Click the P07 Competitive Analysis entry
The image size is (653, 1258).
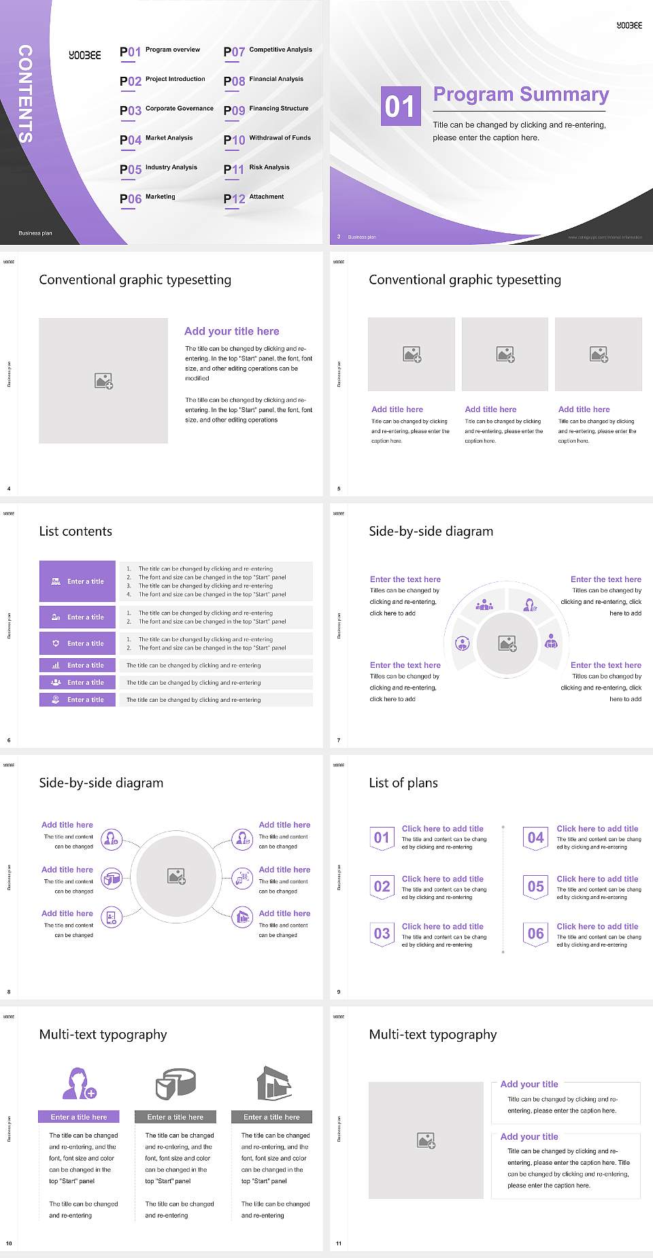coord(268,51)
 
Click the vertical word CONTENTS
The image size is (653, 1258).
coord(25,94)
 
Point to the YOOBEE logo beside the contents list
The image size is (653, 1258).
coord(85,55)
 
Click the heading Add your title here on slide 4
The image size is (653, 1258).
coord(231,331)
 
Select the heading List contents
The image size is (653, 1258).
coord(76,531)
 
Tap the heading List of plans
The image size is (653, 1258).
coord(403,783)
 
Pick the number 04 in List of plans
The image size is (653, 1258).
coord(536,838)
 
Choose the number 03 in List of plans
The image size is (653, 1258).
coord(382,934)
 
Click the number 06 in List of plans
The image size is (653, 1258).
coord(536,934)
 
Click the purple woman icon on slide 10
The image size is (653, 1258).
coord(78,1083)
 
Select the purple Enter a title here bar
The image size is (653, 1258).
coord(78,1117)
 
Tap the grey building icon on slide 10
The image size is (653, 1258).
coord(273,1083)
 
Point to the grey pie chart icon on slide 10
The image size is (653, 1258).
coord(175,1083)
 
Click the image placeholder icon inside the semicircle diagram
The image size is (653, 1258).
coord(507,643)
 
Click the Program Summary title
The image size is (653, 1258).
coord(521,95)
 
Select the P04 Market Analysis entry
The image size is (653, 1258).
coord(156,139)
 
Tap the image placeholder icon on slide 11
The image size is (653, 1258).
coord(426,1140)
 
